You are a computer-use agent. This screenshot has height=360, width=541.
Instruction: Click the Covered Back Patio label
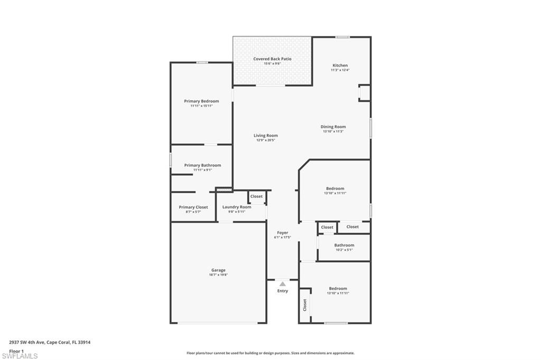(272, 59)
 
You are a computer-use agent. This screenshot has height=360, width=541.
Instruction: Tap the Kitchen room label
(340, 65)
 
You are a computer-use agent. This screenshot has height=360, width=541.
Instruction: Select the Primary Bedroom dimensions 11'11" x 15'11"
(201, 106)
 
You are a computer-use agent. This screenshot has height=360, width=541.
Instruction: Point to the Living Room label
(265, 136)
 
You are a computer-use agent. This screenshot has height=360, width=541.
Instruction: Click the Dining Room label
(333, 127)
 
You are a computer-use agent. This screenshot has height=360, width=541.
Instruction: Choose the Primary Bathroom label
(202, 165)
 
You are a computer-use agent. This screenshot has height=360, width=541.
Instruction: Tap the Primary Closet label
(193, 207)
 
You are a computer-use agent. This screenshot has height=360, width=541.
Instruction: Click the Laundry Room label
(237, 207)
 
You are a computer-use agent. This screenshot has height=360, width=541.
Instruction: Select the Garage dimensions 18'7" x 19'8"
(219, 275)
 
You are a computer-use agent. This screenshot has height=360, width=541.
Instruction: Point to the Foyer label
(283, 233)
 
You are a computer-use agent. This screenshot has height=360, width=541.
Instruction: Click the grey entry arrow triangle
(283, 284)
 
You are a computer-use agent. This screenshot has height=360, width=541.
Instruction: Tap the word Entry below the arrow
(283, 291)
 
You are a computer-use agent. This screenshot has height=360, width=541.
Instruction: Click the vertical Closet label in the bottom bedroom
(305, 305)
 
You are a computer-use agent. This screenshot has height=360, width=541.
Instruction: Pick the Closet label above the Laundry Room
(256, 196)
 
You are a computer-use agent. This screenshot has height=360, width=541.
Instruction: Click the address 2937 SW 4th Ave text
(50, 342)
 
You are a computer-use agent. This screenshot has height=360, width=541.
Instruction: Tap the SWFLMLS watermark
(20, 356)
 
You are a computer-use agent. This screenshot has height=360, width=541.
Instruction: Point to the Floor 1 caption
(16, 350)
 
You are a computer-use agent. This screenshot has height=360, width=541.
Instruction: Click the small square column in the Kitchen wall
(364, 92)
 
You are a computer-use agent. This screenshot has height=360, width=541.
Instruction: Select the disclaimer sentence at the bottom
(270, 353)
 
